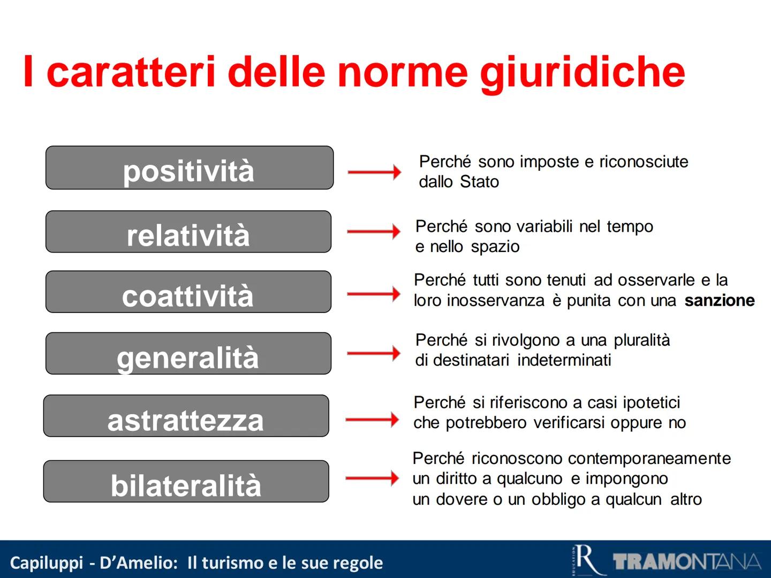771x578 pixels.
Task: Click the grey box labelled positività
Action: pos(189,168)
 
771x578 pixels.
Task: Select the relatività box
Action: pos(188,232)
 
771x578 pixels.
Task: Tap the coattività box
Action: pos(188,292)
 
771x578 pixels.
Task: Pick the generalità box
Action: pos(188,354)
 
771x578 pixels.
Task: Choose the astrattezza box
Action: pos(186,416)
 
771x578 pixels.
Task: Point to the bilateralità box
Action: pos(186,482)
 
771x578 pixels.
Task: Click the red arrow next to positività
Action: pos(374,172)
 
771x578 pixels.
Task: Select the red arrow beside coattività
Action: pos(373,294)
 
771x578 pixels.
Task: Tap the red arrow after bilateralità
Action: pos(372,478)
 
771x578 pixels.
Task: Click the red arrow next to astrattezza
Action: pos(372,420)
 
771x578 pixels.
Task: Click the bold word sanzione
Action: pos(719,301)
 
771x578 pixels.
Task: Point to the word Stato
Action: pos(479,182)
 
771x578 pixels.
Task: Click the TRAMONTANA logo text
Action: pos(687,562)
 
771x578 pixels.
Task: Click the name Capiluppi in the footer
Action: pos(47,563)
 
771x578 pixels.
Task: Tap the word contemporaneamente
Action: pos(649,459)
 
